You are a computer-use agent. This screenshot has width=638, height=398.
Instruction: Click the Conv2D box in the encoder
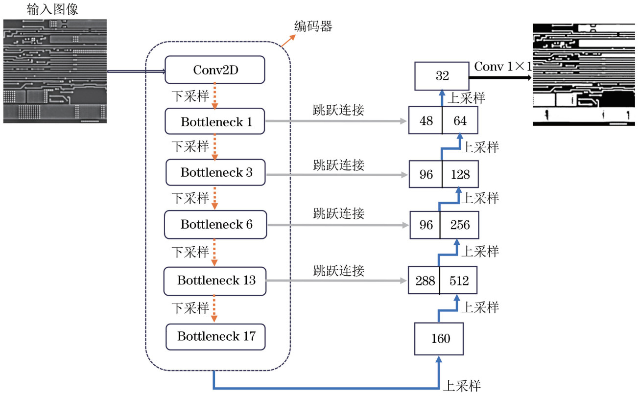click(x=215, y=70)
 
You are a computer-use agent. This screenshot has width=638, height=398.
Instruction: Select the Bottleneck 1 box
click(x=215, y=121)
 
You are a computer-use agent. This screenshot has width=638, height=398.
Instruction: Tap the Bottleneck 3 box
click(x=216, y=172)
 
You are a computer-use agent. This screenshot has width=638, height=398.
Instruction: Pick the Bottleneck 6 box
click(x=215, y=224)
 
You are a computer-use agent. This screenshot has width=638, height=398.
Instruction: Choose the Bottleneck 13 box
click(x=215, y=281)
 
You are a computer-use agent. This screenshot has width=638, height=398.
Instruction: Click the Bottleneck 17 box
click(x=216, y=336)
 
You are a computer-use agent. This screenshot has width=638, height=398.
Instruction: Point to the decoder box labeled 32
click(x=442, y=76)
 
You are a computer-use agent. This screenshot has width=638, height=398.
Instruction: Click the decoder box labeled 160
click(x=440, y=338)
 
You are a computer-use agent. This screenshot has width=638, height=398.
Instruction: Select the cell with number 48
click(x=425, y=121)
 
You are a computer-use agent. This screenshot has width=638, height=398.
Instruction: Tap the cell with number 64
click(x=460, y=121)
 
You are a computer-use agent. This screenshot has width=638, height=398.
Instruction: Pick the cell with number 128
click(x=460, y=174)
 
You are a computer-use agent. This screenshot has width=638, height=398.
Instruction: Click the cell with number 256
click(x=459, y=225)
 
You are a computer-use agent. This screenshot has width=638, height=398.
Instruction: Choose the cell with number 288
click(x=424, y=281)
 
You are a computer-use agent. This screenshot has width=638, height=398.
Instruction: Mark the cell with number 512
click(x=458, y=281)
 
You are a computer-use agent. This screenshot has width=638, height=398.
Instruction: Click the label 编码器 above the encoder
click(x=313, y=26)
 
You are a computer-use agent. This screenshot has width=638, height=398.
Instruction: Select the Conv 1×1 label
click(x=502, y=66)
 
